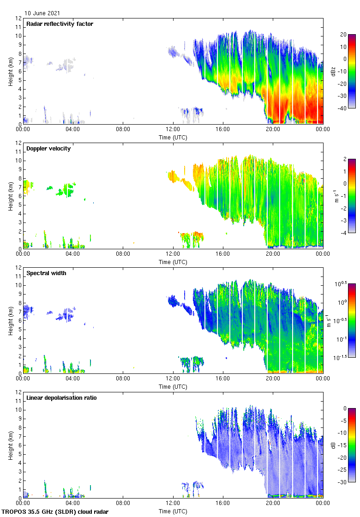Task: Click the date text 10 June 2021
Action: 42,13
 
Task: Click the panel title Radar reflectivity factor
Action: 60,24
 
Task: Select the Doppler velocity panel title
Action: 48,148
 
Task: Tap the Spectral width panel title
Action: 46,273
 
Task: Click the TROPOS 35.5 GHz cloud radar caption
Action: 55,511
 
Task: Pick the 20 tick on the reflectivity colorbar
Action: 343,35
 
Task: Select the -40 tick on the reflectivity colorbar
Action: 344,108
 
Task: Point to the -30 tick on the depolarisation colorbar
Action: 344,482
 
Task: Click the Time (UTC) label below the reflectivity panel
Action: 173,137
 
